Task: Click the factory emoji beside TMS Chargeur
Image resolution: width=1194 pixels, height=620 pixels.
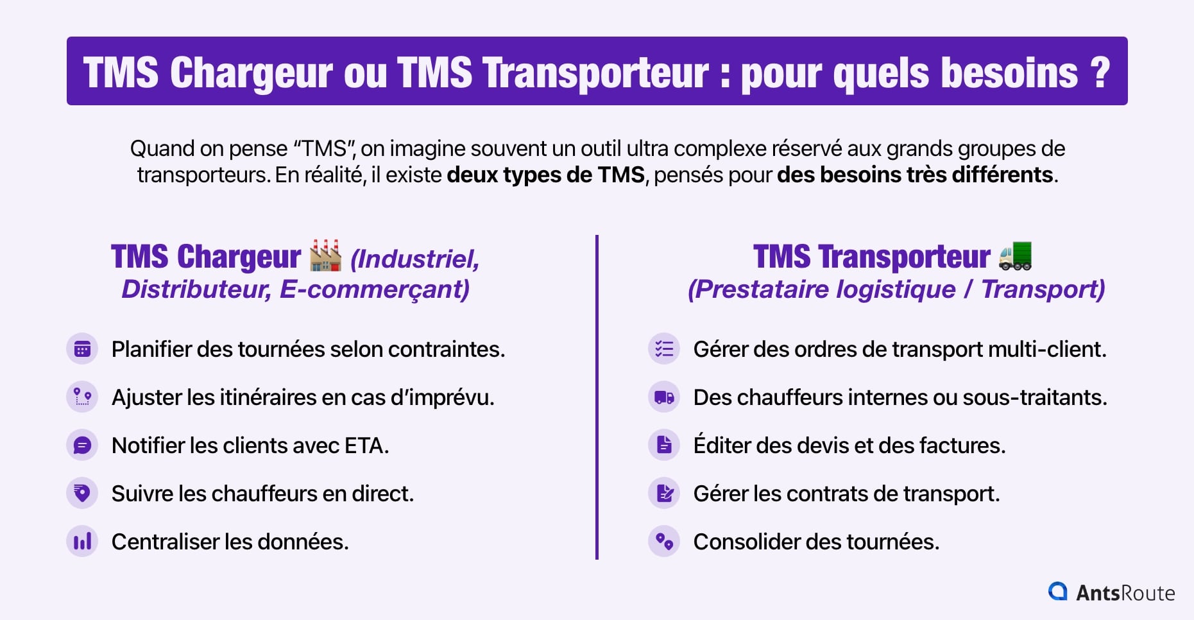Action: [x=325, y=255]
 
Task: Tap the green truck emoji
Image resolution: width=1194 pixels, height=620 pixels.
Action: [x=1015, y=255]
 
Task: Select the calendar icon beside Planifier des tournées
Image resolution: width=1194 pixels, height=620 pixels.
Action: [x=82, y=349]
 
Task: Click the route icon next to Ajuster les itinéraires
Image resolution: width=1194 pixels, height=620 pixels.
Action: [x=82, y=397]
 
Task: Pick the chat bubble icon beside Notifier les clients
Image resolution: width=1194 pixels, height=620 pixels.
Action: [x=82, y=445]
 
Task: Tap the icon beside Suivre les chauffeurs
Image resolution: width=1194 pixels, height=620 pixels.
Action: [x=82, y=494]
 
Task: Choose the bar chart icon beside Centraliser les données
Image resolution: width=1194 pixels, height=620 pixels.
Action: [x=82, y=542]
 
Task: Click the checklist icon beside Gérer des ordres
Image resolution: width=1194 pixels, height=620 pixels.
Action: [x=664, y=349]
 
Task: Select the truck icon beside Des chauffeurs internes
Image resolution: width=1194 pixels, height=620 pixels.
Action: [x=664, y=397]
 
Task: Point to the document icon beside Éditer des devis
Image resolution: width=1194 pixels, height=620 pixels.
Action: [x=664, y=445]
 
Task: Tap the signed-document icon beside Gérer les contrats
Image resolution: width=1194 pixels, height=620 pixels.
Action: [x=664, y=494]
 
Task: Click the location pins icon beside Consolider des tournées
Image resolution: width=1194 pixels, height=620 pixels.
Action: [x=664, y=542]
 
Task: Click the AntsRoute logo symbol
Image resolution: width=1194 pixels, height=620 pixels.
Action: [x=1057, y=591]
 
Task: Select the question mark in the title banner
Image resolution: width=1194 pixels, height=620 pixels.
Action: [x=1100, y=72]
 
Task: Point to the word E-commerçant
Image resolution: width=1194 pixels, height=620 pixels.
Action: [x=375, y=289]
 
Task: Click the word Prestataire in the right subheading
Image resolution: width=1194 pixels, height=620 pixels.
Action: [x=758, y=289]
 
